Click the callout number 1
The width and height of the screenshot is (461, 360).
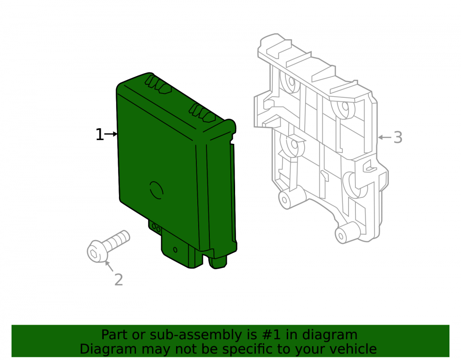tap(100, 135)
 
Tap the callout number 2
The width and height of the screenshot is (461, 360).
tap(118, 279)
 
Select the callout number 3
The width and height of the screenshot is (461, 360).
tap(398, 137)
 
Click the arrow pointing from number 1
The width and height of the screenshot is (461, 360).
tap(111, 134)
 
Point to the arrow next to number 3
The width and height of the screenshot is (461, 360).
tap(384, 137)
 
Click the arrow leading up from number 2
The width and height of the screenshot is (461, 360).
tap(109, 266)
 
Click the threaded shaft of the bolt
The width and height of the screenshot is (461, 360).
tap(118, 240)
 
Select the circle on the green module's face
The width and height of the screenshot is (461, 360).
tap(156, 190)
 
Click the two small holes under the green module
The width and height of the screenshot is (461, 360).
tap(156, 228)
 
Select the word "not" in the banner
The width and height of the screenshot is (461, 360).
tap(183, 349)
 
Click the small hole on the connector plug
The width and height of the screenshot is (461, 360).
tap(175, 250)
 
